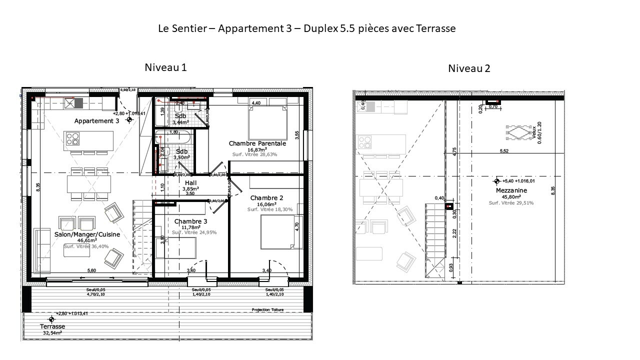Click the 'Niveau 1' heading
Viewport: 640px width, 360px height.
coord(165,67)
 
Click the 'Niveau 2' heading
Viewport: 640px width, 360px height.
coord(468,68)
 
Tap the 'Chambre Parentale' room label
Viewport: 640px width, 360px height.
coord(257,143)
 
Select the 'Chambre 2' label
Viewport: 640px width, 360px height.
coord(266,198)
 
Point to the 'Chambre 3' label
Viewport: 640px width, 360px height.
coord(190,221)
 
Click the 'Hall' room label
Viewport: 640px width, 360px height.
coord(190,183)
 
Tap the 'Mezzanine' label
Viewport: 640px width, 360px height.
coord(511,190)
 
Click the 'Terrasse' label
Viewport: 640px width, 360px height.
coord(52,326)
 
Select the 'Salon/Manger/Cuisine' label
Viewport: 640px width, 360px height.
coord(86,234)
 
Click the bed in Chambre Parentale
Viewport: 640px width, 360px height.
coord(268,122)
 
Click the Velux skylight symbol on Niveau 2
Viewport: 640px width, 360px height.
coord(518,132)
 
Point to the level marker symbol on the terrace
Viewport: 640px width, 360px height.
coord(51,319)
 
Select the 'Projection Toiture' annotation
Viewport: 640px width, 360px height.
coord(267,310)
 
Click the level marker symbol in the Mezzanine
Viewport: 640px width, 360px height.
coord(496,181)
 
